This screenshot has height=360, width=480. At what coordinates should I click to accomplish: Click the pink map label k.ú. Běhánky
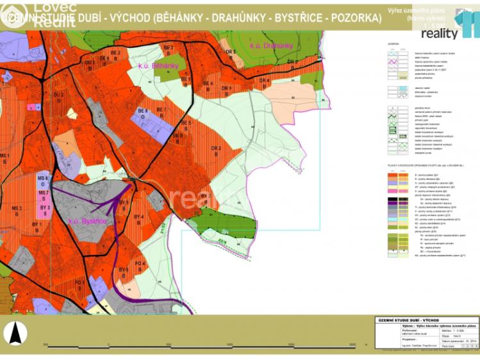click(x=156, y=66)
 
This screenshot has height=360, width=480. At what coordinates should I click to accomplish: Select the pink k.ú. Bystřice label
click(x=87, y=221)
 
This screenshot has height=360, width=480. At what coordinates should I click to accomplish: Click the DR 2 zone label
click(x=216, y=151)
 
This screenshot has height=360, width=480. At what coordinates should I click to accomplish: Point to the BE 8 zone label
click(x=144, y=113)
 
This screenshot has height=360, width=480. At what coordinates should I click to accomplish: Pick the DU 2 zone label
click(x=58, y=97)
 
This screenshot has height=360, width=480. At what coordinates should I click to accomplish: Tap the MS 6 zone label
click(x=43, y=179)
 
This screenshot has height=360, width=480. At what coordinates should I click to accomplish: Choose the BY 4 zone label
click(x=137, y=219)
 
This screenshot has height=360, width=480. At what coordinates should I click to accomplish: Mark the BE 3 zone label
click(x=169, y=50)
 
